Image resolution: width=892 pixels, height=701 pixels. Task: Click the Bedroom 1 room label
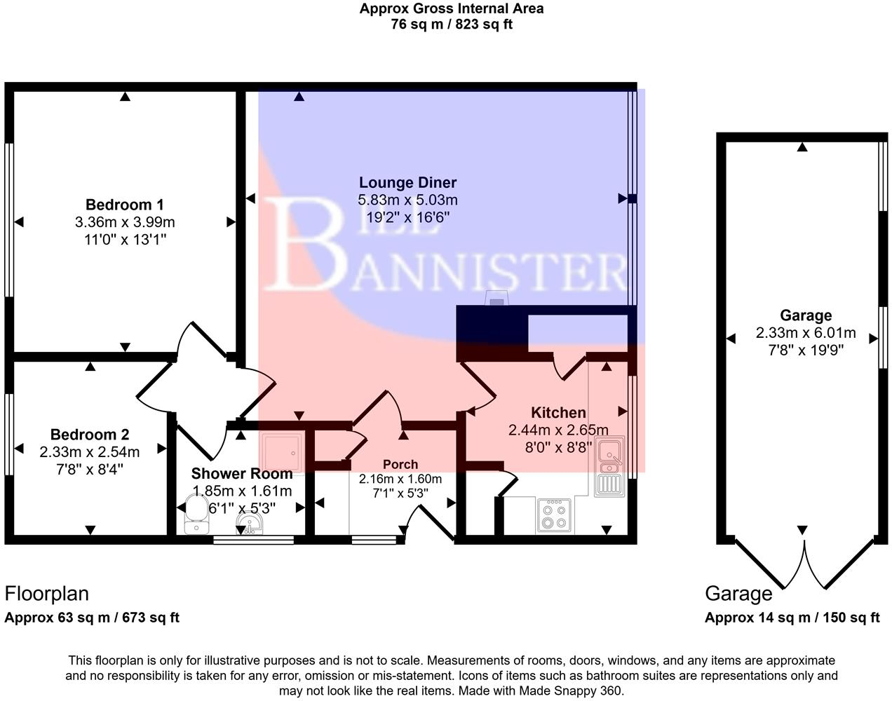click(124, 205)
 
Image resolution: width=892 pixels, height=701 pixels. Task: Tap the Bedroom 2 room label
click(89, 435)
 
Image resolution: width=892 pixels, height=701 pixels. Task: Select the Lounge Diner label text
click(407, 182)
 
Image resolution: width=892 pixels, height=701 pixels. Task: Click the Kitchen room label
click(558, 413)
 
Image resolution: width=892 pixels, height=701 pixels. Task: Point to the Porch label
click(400, 464)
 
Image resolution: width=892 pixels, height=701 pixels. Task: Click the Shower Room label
click(242, 474)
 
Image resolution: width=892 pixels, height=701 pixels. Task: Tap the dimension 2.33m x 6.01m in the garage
click(806, 333)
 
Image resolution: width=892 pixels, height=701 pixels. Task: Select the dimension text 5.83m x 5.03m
click(407, 200)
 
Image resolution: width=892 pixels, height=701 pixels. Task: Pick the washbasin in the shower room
click(249, 523)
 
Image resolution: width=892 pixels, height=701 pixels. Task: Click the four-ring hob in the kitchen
click(555, 515)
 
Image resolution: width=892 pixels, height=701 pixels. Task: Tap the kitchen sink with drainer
click(609, 466)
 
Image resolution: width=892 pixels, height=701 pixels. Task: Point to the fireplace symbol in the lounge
click(496, 299)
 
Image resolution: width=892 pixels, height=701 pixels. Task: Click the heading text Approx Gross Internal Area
click(452, 8)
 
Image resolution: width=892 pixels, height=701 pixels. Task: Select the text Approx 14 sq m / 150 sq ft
click(792, 618)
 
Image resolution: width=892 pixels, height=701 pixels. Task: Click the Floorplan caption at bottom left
click(47, 594)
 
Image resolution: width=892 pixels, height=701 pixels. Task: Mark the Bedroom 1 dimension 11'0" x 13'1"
click(124, 240)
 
